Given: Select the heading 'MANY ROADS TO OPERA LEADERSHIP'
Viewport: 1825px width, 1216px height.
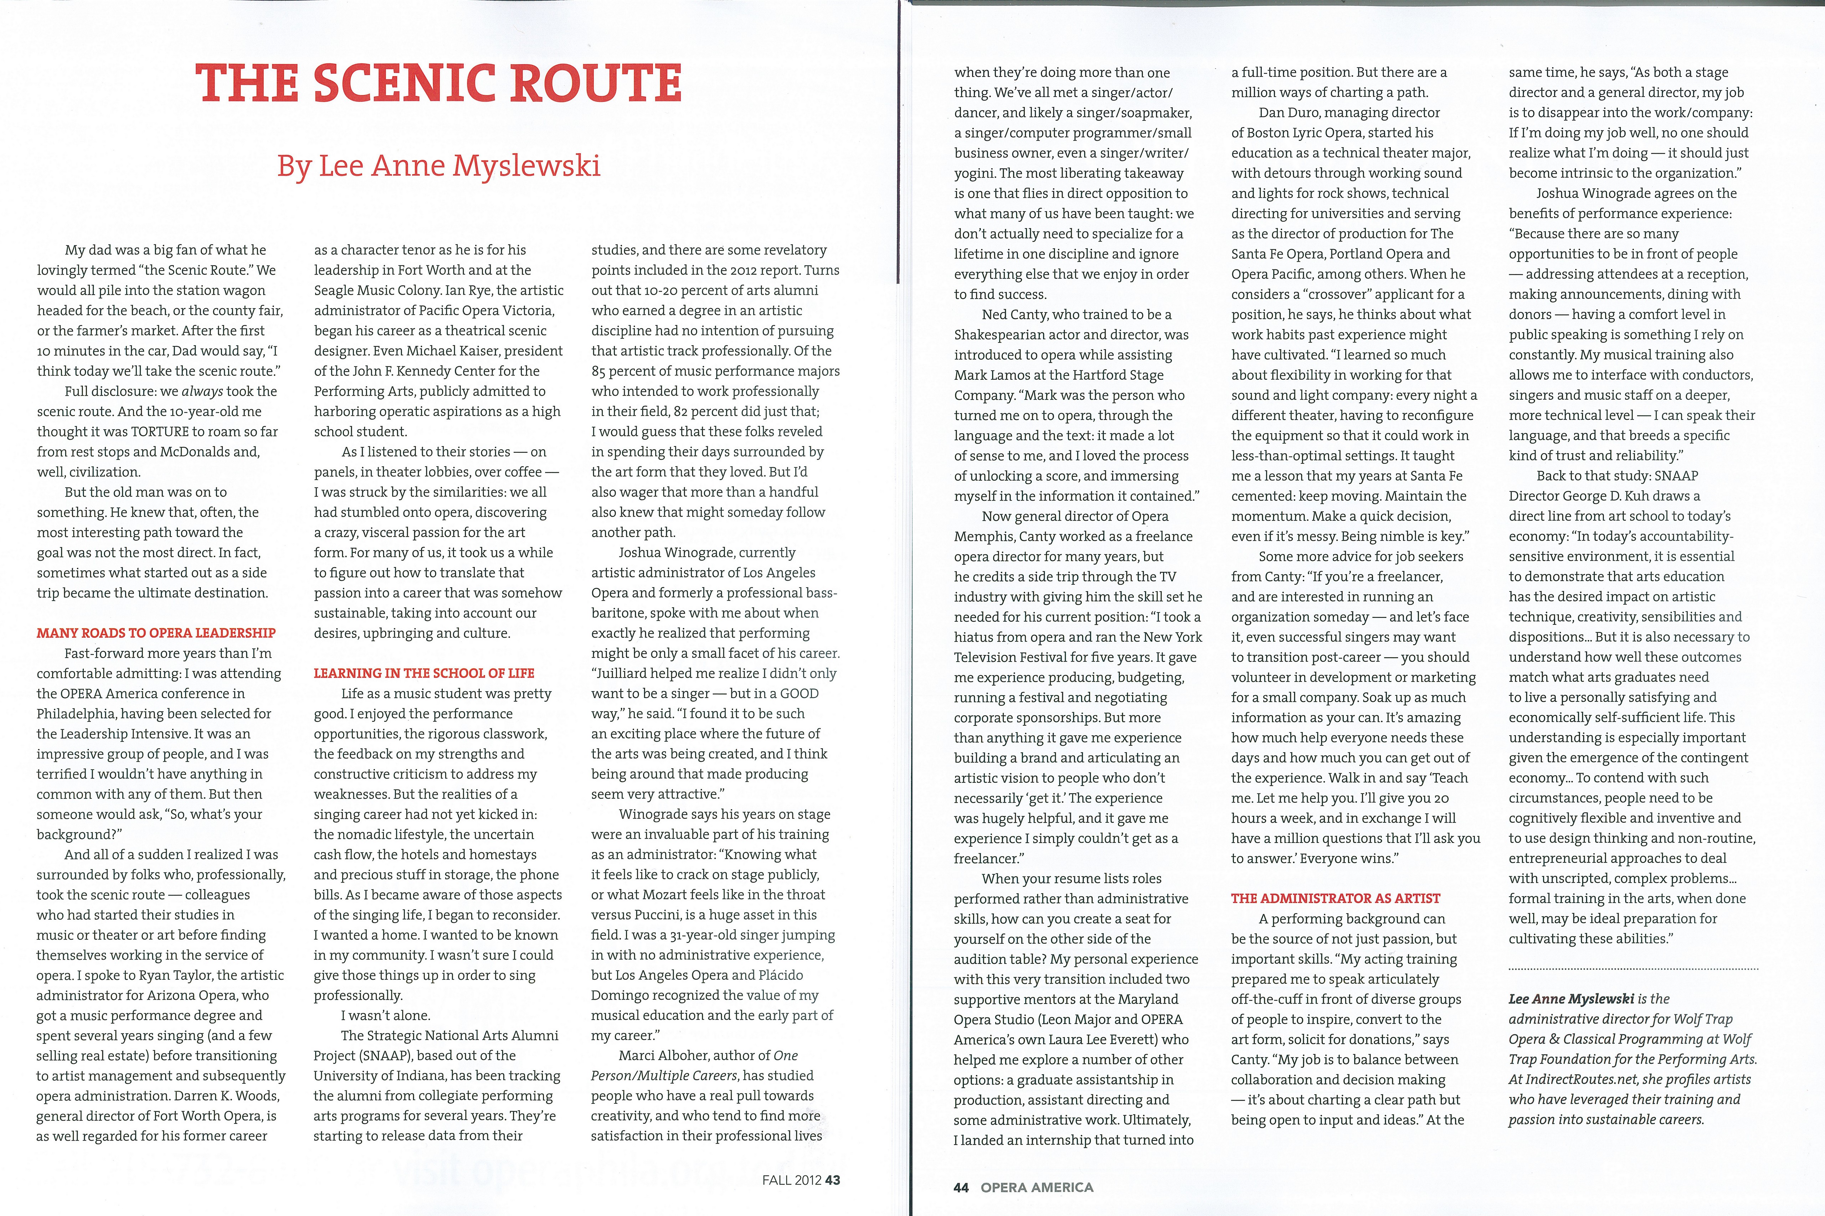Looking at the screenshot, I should [156, 633].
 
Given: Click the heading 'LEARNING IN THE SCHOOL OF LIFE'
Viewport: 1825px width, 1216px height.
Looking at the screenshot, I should [424, 673].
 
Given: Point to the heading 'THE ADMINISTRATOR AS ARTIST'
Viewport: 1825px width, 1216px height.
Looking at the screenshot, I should [1335, 898].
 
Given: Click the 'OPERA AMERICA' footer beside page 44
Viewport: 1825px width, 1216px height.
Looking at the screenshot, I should [1037, 1187].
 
